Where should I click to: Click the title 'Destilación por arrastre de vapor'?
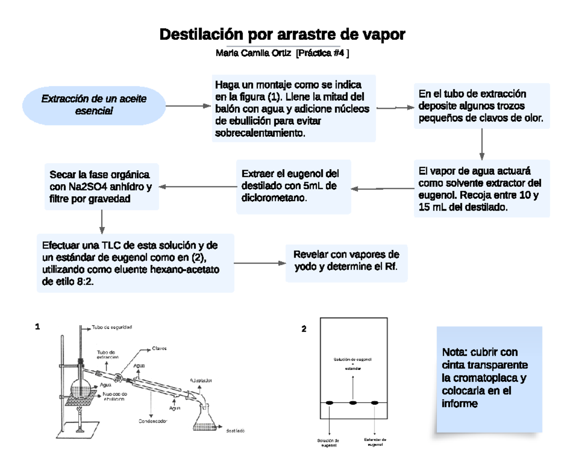click(282, 35)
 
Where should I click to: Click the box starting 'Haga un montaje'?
click(294, 108)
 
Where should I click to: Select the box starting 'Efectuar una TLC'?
click(135, 263)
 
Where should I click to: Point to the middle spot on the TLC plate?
click(353, 402)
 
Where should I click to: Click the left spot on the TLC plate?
click(330, 402)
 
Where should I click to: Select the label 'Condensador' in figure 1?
click(153, 422)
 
